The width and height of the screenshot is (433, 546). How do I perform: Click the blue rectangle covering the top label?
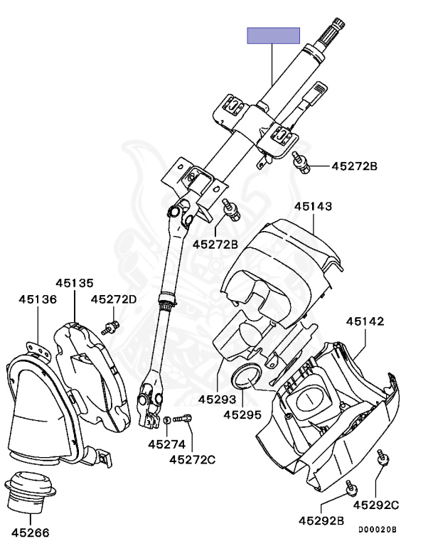pos(273,36)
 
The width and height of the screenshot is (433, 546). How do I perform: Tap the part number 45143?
pos(315,206)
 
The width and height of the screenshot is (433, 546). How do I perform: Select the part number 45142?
pos(365,321)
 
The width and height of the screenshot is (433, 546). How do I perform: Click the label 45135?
pos(75,283)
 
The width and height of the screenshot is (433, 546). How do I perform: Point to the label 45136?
pos(38,299)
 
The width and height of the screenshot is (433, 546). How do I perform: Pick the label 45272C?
pos(192,459)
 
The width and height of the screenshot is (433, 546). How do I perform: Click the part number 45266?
pos(32,531)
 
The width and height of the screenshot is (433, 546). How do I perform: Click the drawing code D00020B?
pos(377,530)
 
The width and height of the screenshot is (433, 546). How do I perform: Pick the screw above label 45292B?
pos(351,487)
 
